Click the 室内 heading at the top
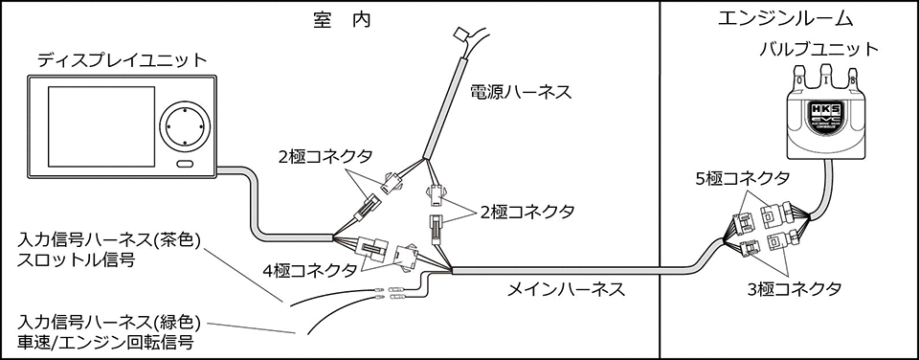pyautogui.click(x=340, y=18)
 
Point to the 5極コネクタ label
pyautogui.click(x=743, y=179)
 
